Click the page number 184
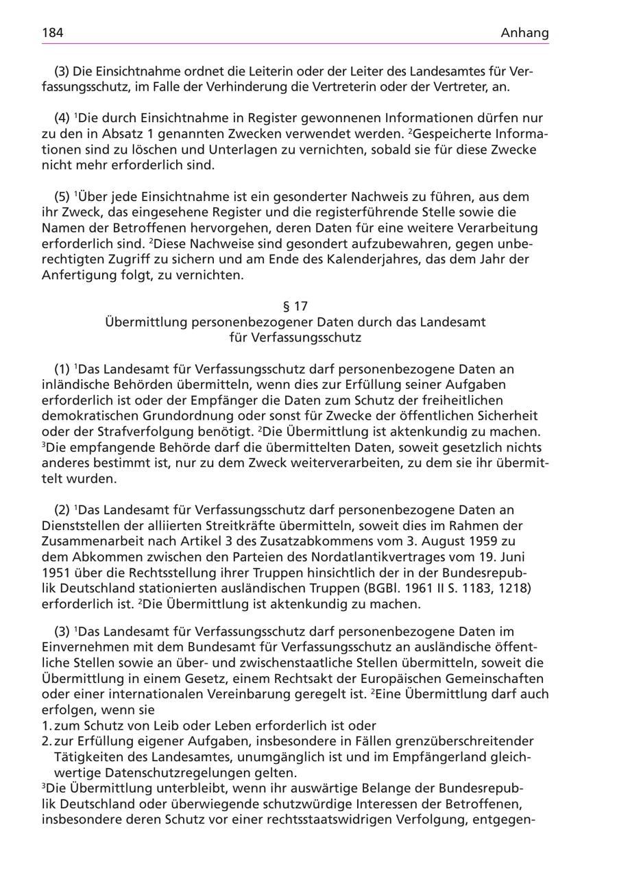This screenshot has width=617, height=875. pyautogui.click(x=53, y=33)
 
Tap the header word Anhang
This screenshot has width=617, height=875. pyautogui.click(x=524, y=33)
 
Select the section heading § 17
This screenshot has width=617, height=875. pyautogui.click(x=295, y=306)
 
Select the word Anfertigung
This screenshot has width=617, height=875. pyautogui.click(x=77, y=276)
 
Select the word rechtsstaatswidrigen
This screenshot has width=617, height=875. pyautogui.click(x=307, y=819)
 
